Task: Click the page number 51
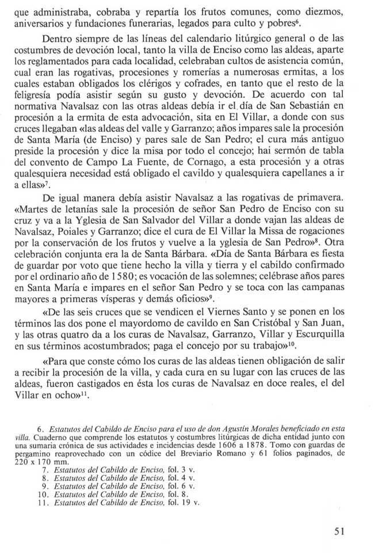tap(339, 532)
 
